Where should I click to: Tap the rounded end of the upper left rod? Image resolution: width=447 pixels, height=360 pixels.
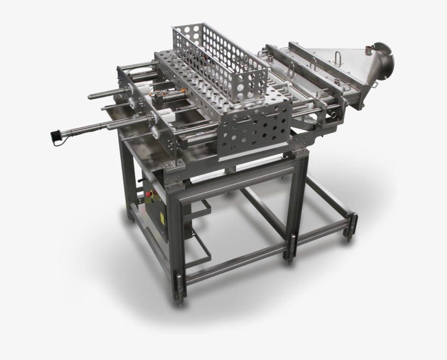click(x=90, y=96)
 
